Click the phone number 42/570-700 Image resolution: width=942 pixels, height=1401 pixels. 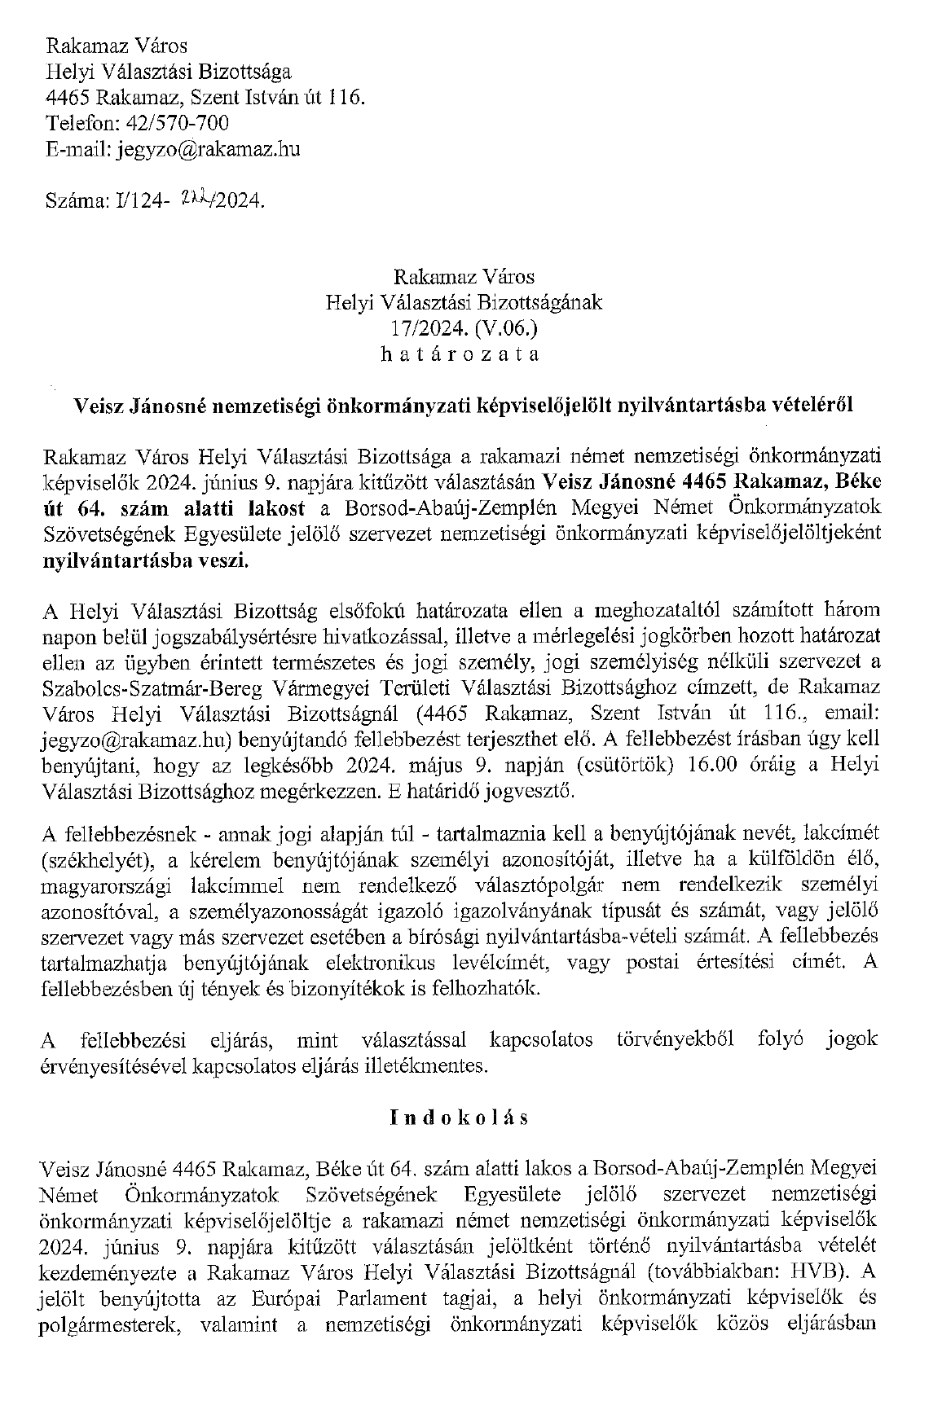pyautogui.click(x=175, y=123)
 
